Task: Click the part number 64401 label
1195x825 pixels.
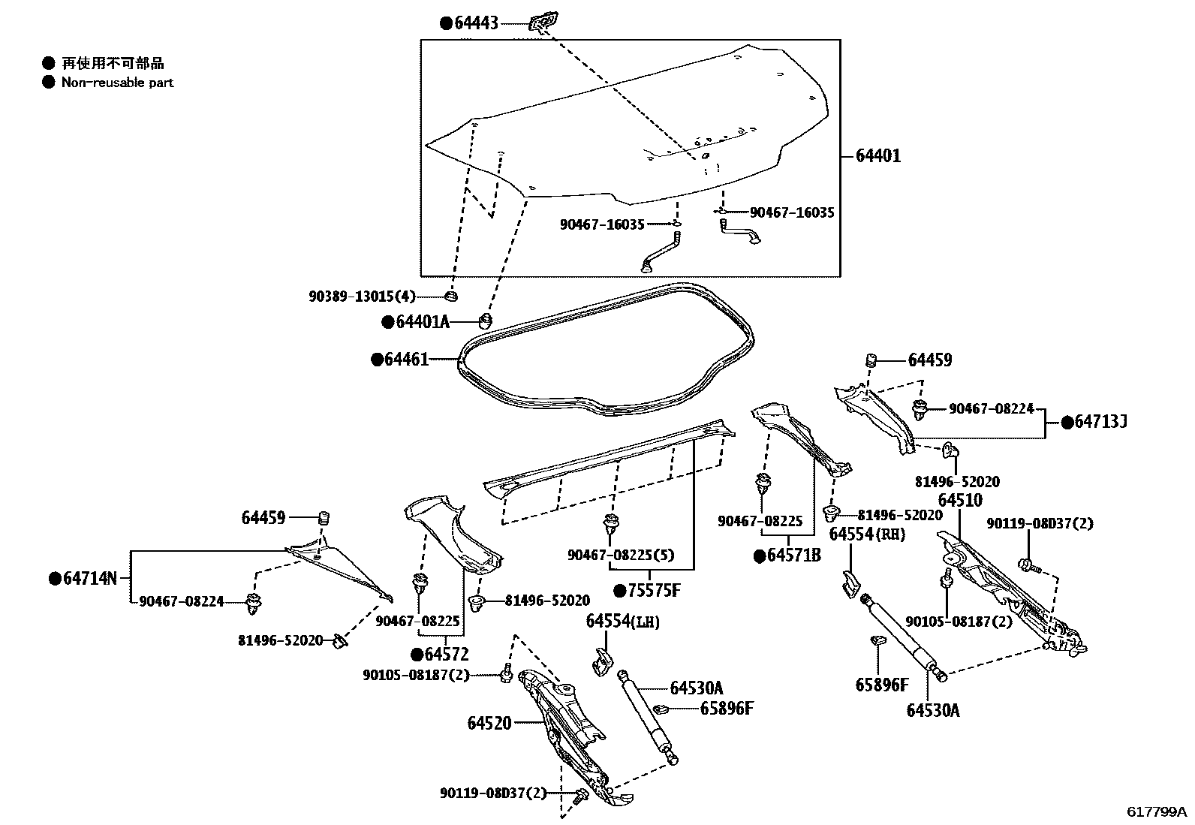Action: tap(878, 156)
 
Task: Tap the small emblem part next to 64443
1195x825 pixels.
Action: tap(543, 23)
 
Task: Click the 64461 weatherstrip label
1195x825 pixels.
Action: tap(406, 360)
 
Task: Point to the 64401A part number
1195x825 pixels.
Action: tap(422, 322)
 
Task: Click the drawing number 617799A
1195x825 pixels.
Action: tap(1156, 811)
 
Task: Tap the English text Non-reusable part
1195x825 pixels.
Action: tap(117, 83)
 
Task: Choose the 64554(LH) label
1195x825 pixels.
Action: tap(622, 621)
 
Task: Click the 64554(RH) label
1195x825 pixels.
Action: tap(867, 534)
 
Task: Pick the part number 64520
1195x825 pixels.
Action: tap(489, 723)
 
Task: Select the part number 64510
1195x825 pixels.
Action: tap(959, 500)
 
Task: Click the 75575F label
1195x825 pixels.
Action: tap(653, 591)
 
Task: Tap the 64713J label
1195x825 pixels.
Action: tap(1100, 423)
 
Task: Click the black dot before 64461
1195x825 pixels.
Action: tap(378, 360)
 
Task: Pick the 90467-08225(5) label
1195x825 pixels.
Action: tap(620, 555)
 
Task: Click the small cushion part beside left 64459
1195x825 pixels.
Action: tap(324, 518)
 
